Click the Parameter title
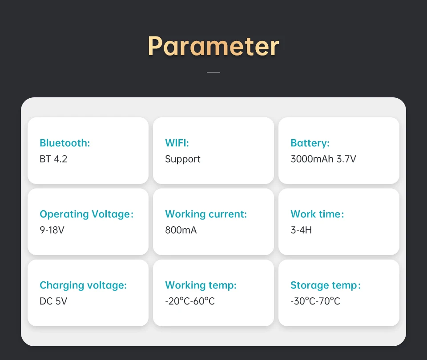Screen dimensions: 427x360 [213, 46]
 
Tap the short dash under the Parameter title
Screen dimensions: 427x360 [213, 72]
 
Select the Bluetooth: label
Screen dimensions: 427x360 [64, 143]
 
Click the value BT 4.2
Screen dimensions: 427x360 [53, 159]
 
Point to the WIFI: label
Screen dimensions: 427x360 [177, 143]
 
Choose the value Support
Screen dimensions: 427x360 [182, 159]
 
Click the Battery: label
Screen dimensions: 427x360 [310, 143]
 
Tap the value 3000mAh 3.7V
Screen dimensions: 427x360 [323, 159]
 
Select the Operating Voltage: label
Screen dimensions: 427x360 [86, 214]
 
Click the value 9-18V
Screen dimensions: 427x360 [52, 230]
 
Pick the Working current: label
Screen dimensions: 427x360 [205, 214]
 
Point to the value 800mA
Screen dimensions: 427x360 [181, 230]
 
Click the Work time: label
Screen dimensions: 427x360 [317, 214]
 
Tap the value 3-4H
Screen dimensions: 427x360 [301, 230]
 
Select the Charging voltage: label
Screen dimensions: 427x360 [83, 285]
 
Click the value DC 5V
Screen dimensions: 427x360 [53, 301]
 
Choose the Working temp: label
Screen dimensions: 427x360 [201, 285]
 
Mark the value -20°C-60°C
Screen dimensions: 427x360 [190, 301]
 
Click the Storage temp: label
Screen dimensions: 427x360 [326, 285]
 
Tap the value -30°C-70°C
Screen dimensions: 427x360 [315, 301]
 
